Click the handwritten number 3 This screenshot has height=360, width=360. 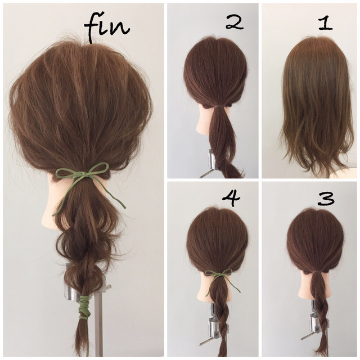point(326,199)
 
